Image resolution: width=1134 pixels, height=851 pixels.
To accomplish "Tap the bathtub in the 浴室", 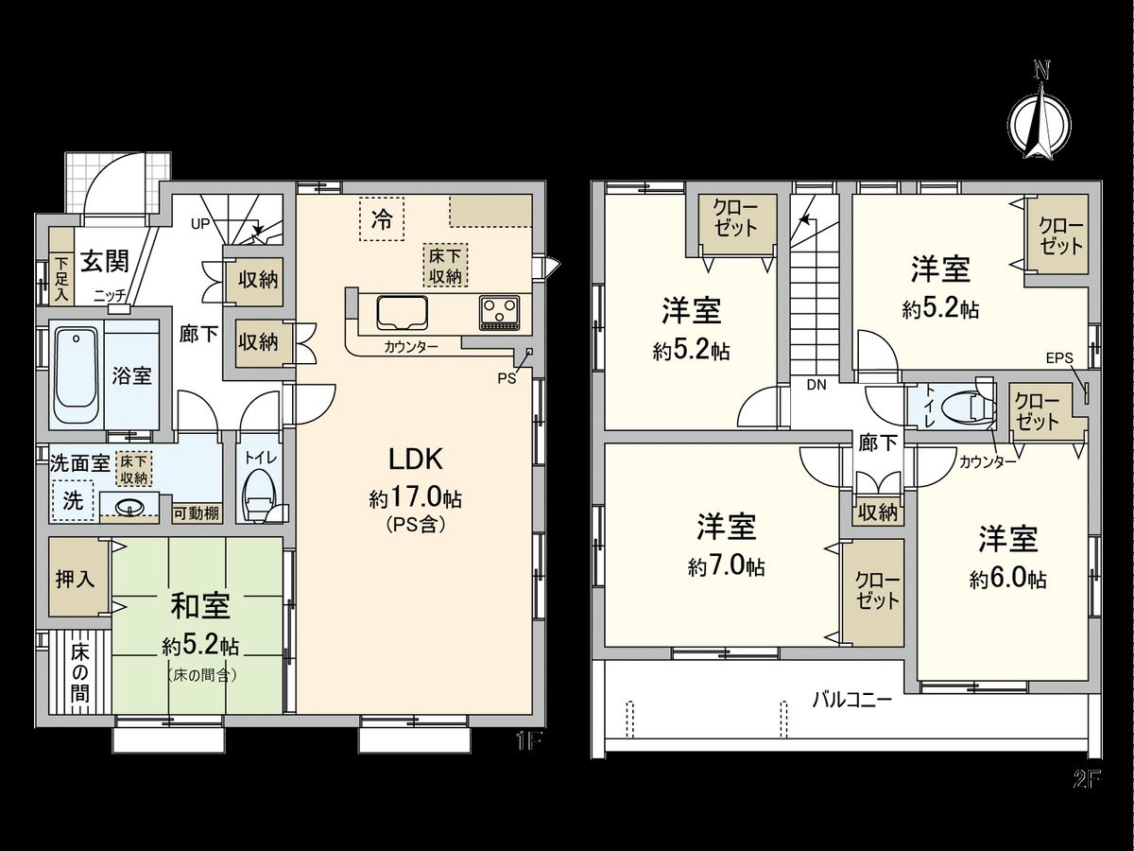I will click(x=76, y=374).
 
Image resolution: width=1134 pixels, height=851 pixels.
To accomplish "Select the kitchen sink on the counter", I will click(x=402, y=311).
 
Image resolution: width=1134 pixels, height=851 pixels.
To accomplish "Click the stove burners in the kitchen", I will click(x=498, y=311).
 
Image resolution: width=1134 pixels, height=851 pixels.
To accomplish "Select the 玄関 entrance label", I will click(x=104, y=260).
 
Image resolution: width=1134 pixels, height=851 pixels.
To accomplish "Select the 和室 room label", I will click(x=198, y=605).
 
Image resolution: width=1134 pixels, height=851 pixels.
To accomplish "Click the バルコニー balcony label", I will click(x=851, y=701).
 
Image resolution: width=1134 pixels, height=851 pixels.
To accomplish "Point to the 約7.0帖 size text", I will click(x=727, y=566).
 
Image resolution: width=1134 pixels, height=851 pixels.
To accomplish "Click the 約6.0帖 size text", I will click(x=1007, y=579).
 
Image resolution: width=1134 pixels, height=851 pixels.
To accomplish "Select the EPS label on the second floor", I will click(x=1060, y=358).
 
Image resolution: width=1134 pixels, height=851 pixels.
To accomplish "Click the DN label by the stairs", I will click(x=816, y=385).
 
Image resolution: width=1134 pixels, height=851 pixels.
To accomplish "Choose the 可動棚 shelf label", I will click(x=197, y=513).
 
